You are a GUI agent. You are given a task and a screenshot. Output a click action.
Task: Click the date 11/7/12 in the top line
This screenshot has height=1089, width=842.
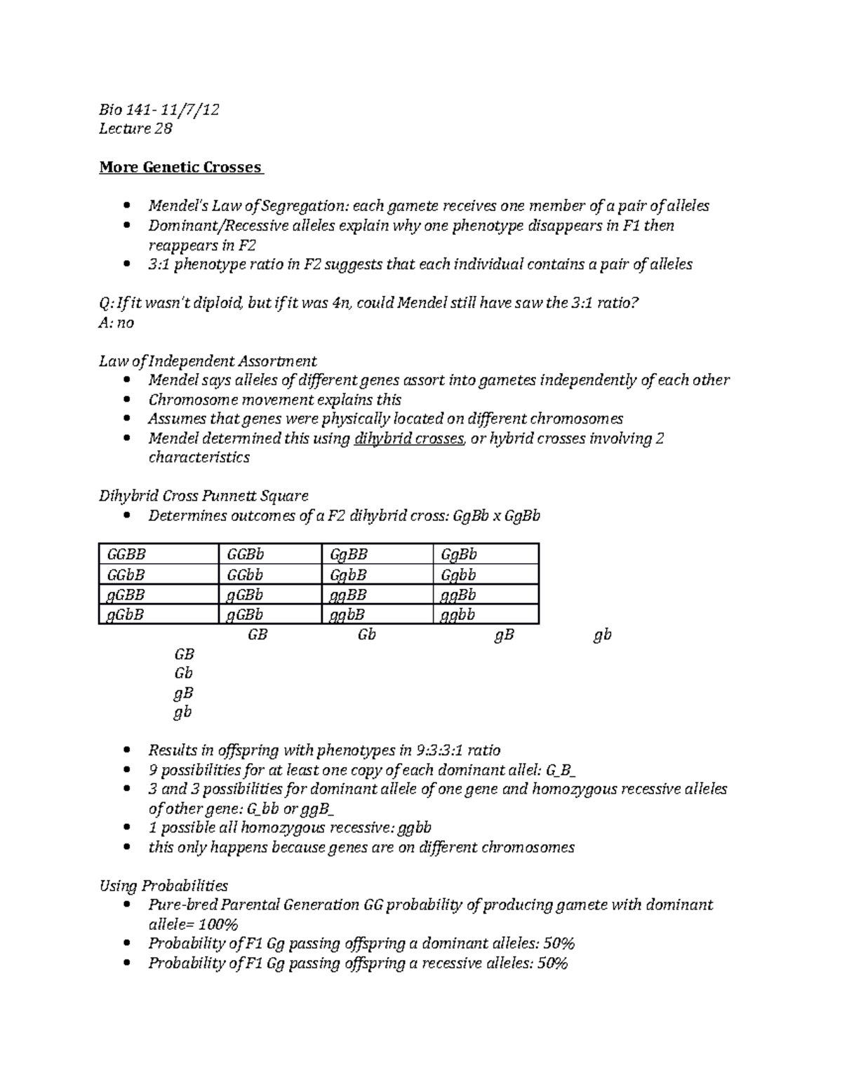pos(189,109)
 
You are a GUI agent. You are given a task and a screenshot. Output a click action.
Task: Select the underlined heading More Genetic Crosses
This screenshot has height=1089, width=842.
pos(181,168)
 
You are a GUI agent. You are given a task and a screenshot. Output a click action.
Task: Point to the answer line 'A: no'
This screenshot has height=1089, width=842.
pos(116,323)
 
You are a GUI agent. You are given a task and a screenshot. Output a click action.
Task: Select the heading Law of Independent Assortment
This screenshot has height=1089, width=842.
pos(208,361)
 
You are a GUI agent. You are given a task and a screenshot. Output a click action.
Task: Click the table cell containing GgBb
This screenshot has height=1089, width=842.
pos(459,554)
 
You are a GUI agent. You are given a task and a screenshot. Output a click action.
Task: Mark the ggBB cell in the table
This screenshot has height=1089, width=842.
pos(349,595)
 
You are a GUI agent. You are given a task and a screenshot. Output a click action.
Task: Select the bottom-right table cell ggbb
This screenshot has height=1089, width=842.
pos(458,615)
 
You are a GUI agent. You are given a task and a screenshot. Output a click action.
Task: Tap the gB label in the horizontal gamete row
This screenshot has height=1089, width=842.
pos(504,635)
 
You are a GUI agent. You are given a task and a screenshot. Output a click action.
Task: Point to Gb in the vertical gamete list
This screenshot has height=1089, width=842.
pos(184,673)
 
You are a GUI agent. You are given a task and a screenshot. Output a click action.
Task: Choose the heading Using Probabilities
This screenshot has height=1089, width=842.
pos(163,886)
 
